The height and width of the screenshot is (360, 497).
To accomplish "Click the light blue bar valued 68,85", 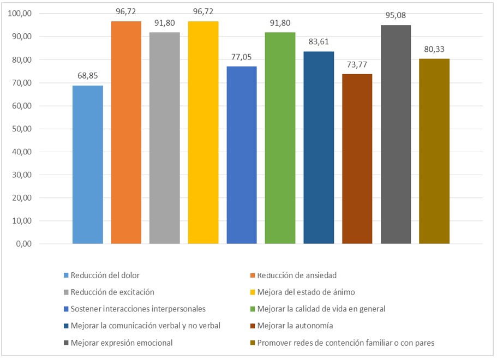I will [x=87, y=164].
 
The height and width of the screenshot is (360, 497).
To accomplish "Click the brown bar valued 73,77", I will [x=357, y=158].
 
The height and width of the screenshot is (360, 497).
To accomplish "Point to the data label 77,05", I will [x=241, y=57].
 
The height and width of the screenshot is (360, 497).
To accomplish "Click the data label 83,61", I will [x=318, y=42].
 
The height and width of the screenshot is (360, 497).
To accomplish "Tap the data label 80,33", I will [x=434, y=50].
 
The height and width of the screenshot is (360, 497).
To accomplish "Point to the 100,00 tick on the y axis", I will [x=20, y=14].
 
